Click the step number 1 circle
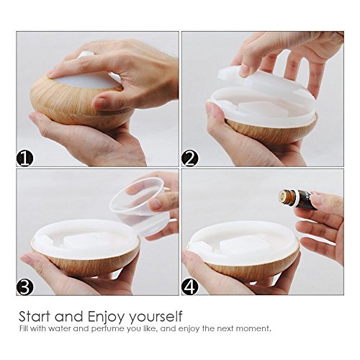pyautogui.click(x=25, y=158)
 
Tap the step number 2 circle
pyautogui.click(x=190, y=158)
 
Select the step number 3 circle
pyautogui.click(x=25, y=287)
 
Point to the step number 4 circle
pyautogui.click(x=190, y=287)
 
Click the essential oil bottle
pyautogui.click(x=297, y=199)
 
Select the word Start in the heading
pyautogui.click(x=35, y=316)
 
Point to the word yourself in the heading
pyautogui.click(x=156, y=317)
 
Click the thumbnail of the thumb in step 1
pyautogui.click(x=100, y=103)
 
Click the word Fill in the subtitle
pyautogui.click(x=24, y=328)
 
